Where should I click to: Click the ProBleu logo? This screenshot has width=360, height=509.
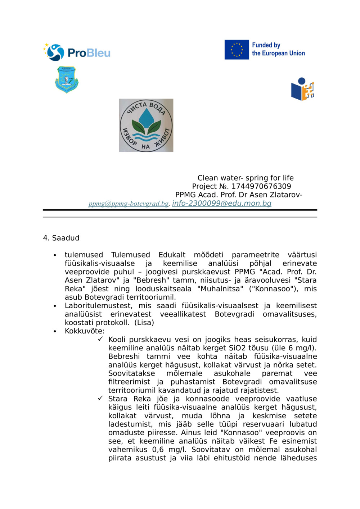(77, 53)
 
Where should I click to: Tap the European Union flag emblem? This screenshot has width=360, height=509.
(237, 50)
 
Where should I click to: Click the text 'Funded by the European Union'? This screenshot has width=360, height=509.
(278, 49)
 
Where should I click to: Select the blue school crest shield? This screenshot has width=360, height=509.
(67, 79)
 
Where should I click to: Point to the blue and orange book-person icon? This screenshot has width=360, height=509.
(302, 89)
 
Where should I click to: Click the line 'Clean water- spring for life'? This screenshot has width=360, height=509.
(245, 178)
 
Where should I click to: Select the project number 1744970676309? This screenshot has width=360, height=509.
(261, 186)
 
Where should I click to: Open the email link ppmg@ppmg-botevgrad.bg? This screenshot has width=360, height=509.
(129, 204)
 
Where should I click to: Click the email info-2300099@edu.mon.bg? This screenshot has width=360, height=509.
(221, 203)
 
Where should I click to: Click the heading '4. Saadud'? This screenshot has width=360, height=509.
(61, 238)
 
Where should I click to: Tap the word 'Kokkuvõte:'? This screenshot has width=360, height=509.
(85, 331)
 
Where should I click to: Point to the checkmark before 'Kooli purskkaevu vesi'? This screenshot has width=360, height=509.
(100, 339)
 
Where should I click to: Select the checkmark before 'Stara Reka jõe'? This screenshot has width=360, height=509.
(100, 398)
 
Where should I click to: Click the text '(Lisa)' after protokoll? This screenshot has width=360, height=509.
(144, 322)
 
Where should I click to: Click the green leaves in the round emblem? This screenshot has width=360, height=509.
(146, 127)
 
